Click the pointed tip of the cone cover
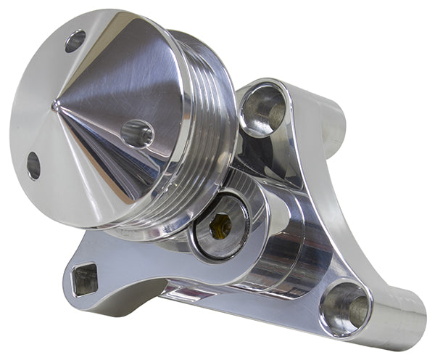pos(56,106)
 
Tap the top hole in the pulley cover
pos(75,41)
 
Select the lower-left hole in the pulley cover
pos(33,165)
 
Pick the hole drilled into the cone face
pos(137,134)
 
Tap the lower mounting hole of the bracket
pos(345,306)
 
